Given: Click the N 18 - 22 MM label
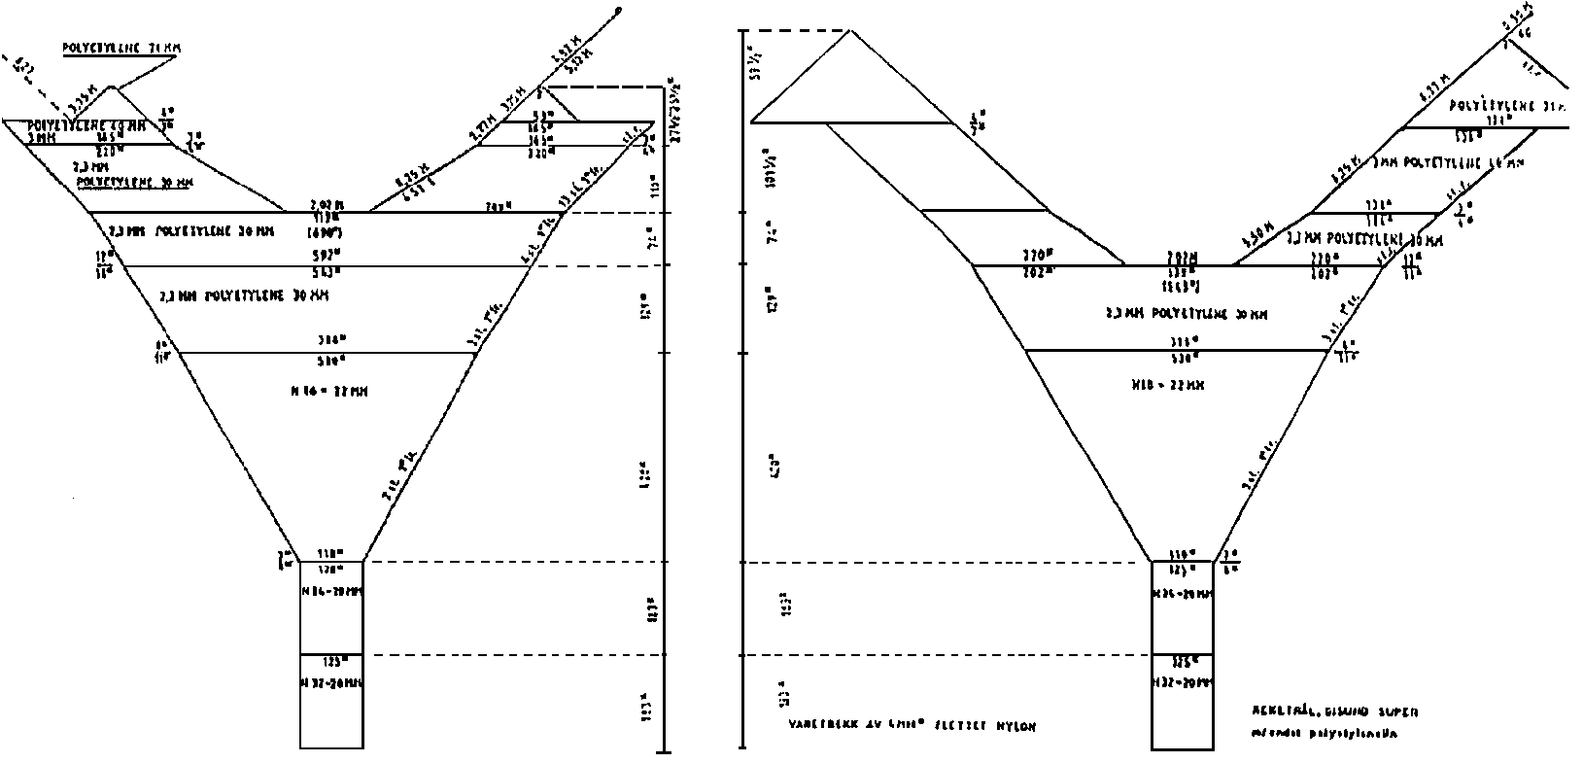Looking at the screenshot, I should click(x=1167, y=385).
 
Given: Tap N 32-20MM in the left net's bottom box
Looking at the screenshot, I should click(x=331, y=682).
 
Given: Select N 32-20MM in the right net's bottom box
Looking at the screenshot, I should click(x=1182, y=682).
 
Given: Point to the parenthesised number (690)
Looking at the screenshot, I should click(x=327, y=233).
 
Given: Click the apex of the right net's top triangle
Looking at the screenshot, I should click(x=851, y=31).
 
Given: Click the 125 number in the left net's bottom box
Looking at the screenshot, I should click(x=331, y=662).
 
